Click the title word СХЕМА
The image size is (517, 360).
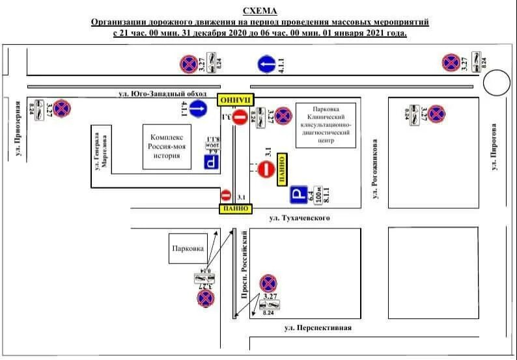tap(259, 11)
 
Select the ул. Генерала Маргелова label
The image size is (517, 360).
tap(99, 150)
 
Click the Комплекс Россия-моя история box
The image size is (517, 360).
tap(168, 146)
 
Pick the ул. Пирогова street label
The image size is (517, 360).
tap(494, 147)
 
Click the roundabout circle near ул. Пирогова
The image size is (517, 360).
tap(497, 84)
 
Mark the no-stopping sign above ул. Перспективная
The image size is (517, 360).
tap(268, 284)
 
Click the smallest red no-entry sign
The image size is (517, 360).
tap(226, 195)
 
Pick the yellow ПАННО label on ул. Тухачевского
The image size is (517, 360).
tap(235, 208)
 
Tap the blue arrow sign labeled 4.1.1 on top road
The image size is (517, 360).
tap(265, 64)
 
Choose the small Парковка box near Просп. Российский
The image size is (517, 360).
tap(188, 249)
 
